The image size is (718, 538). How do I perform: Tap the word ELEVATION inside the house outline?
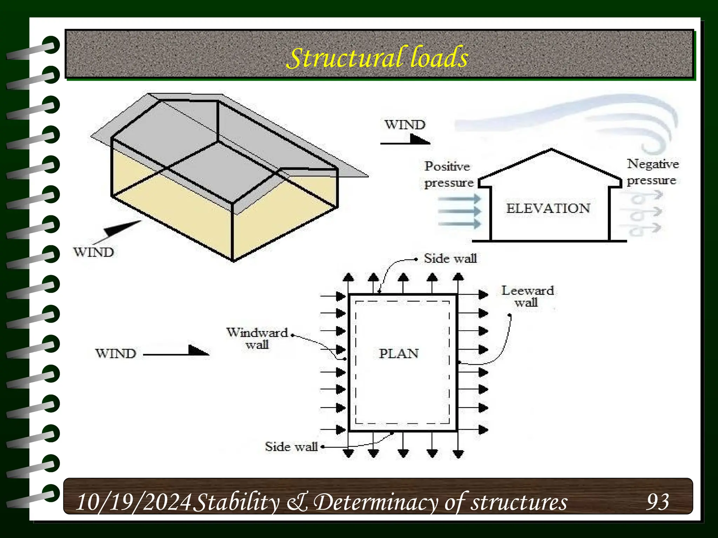tap(548, 208)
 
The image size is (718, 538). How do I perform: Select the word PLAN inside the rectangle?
tap(399, 353)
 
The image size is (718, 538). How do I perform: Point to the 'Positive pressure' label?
tap(448, 174)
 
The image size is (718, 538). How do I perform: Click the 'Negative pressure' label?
tap(652, 172)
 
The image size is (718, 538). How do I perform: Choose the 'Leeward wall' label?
tap(527, 296)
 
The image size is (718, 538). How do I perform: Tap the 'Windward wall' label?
tap(257, 338)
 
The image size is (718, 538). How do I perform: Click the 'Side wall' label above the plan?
tap(450, 258)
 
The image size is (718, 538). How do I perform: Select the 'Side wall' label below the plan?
tap(291, 447)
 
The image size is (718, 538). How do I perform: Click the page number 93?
tap(658, 502)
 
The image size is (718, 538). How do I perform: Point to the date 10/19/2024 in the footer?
tap(133, 502)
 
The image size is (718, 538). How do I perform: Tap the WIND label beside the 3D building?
tap(93, 252)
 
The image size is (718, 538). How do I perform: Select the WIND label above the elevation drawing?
tap(405, 125)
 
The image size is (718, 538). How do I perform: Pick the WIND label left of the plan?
tap(115, 353)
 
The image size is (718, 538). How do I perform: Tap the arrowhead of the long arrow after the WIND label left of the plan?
tap(198, 351)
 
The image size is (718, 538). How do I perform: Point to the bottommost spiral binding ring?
tap(49, 493)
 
